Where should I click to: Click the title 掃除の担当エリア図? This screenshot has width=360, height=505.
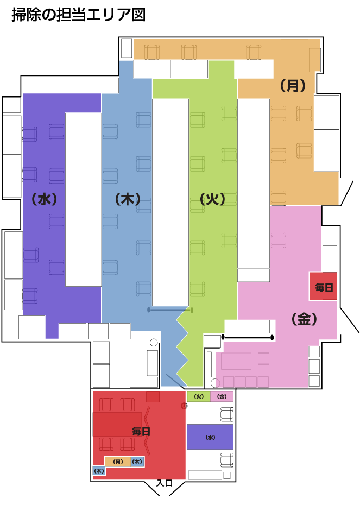pos(79,15)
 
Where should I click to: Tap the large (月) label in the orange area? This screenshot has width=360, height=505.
pos(292,85)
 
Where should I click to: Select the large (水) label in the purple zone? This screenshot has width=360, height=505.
pos(44,199)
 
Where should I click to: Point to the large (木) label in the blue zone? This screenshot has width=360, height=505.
pos(128,199)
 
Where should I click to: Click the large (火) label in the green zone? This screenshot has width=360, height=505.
pos(212,199)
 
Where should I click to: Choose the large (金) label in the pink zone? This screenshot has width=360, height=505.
pos(304,319)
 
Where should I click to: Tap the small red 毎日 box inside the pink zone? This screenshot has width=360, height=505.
pos(323,286)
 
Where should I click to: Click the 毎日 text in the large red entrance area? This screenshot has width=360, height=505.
pos(141,431)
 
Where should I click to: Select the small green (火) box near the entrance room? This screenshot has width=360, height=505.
pos(199,396)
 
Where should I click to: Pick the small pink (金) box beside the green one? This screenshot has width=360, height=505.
pos(222,396)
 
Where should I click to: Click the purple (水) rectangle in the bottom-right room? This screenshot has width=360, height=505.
pos(210,437)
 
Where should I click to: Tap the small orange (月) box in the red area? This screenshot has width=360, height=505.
pos(118,462)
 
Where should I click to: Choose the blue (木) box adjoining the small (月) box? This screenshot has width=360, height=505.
pos(137,462)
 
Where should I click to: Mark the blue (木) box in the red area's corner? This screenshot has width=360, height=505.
pos(99,471)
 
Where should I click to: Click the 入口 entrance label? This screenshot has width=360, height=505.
pos(165,483)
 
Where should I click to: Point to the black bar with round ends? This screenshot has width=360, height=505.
pos(247,338)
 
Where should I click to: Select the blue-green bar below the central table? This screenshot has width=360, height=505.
pos(170,310)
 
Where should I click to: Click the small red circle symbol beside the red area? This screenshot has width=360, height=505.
pos(184,406)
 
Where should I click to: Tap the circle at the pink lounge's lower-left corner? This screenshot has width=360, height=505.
pos(215,383)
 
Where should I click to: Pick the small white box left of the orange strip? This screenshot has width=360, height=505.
pos(126,48)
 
